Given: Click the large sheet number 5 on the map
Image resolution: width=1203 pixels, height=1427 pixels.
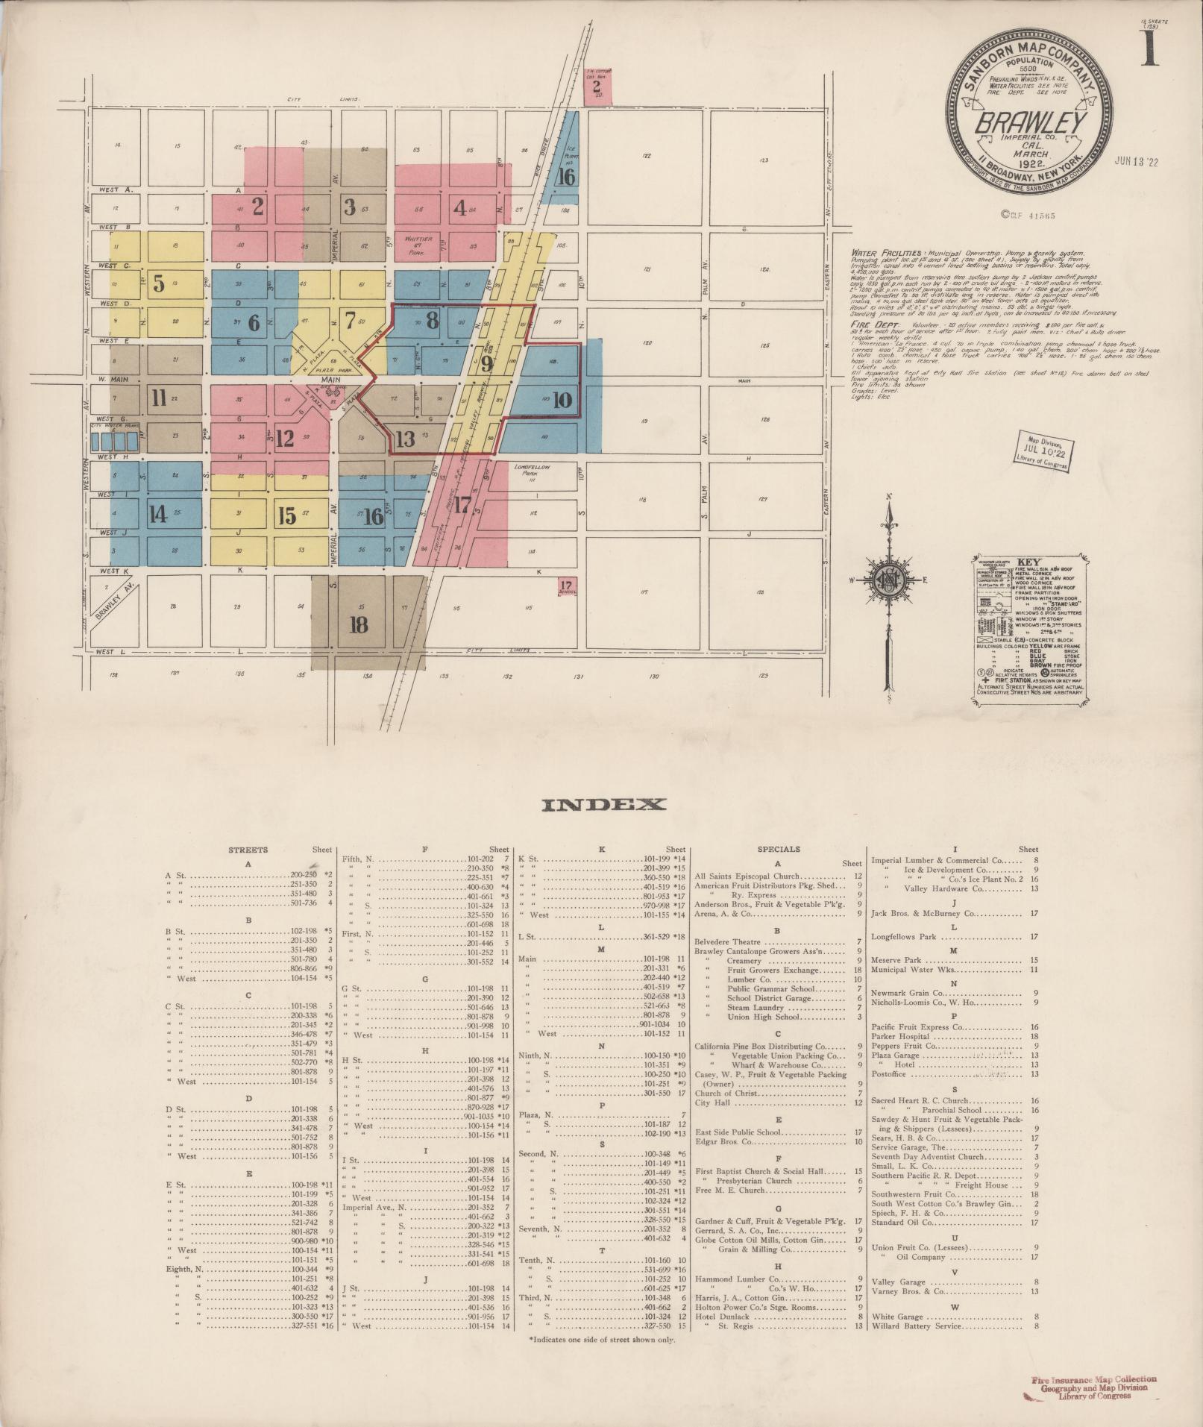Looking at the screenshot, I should [x=159, y=283].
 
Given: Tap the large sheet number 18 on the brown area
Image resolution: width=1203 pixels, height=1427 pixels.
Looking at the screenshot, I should [x=359, y=624].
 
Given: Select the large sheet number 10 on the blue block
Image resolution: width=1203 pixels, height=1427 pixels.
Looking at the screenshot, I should [x=562, y=400].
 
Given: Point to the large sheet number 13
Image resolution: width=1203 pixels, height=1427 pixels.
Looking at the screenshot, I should [x=406, y=438].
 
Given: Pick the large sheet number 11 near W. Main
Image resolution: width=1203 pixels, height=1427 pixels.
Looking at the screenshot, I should [x=158, y=396].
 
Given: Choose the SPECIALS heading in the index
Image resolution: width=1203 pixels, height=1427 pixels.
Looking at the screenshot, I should [x=779, y=849].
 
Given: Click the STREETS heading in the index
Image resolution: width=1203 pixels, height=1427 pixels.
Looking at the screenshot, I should [x=248, y=849].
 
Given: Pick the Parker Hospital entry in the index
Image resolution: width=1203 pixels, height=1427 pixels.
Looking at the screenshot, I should [x=900, y=1036].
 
